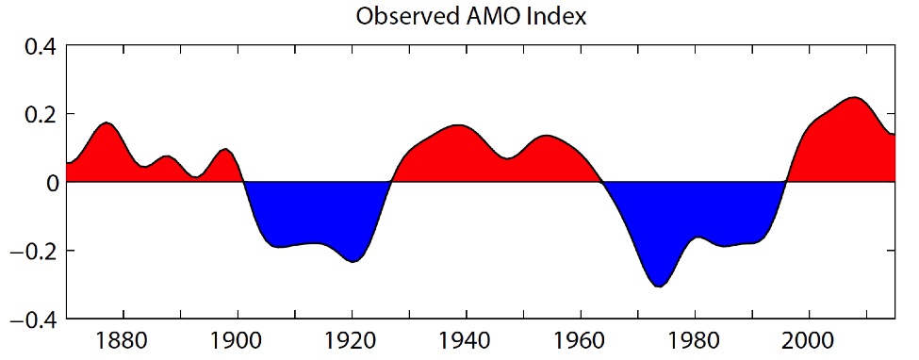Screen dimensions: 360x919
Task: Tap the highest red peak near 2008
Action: pos(854,98)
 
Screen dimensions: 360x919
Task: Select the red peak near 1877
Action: pos(107,123)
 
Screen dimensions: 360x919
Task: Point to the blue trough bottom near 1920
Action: pos(353,261)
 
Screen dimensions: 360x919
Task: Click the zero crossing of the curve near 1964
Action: pos(603,183)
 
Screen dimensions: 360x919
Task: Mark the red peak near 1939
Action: pos(458,125)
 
